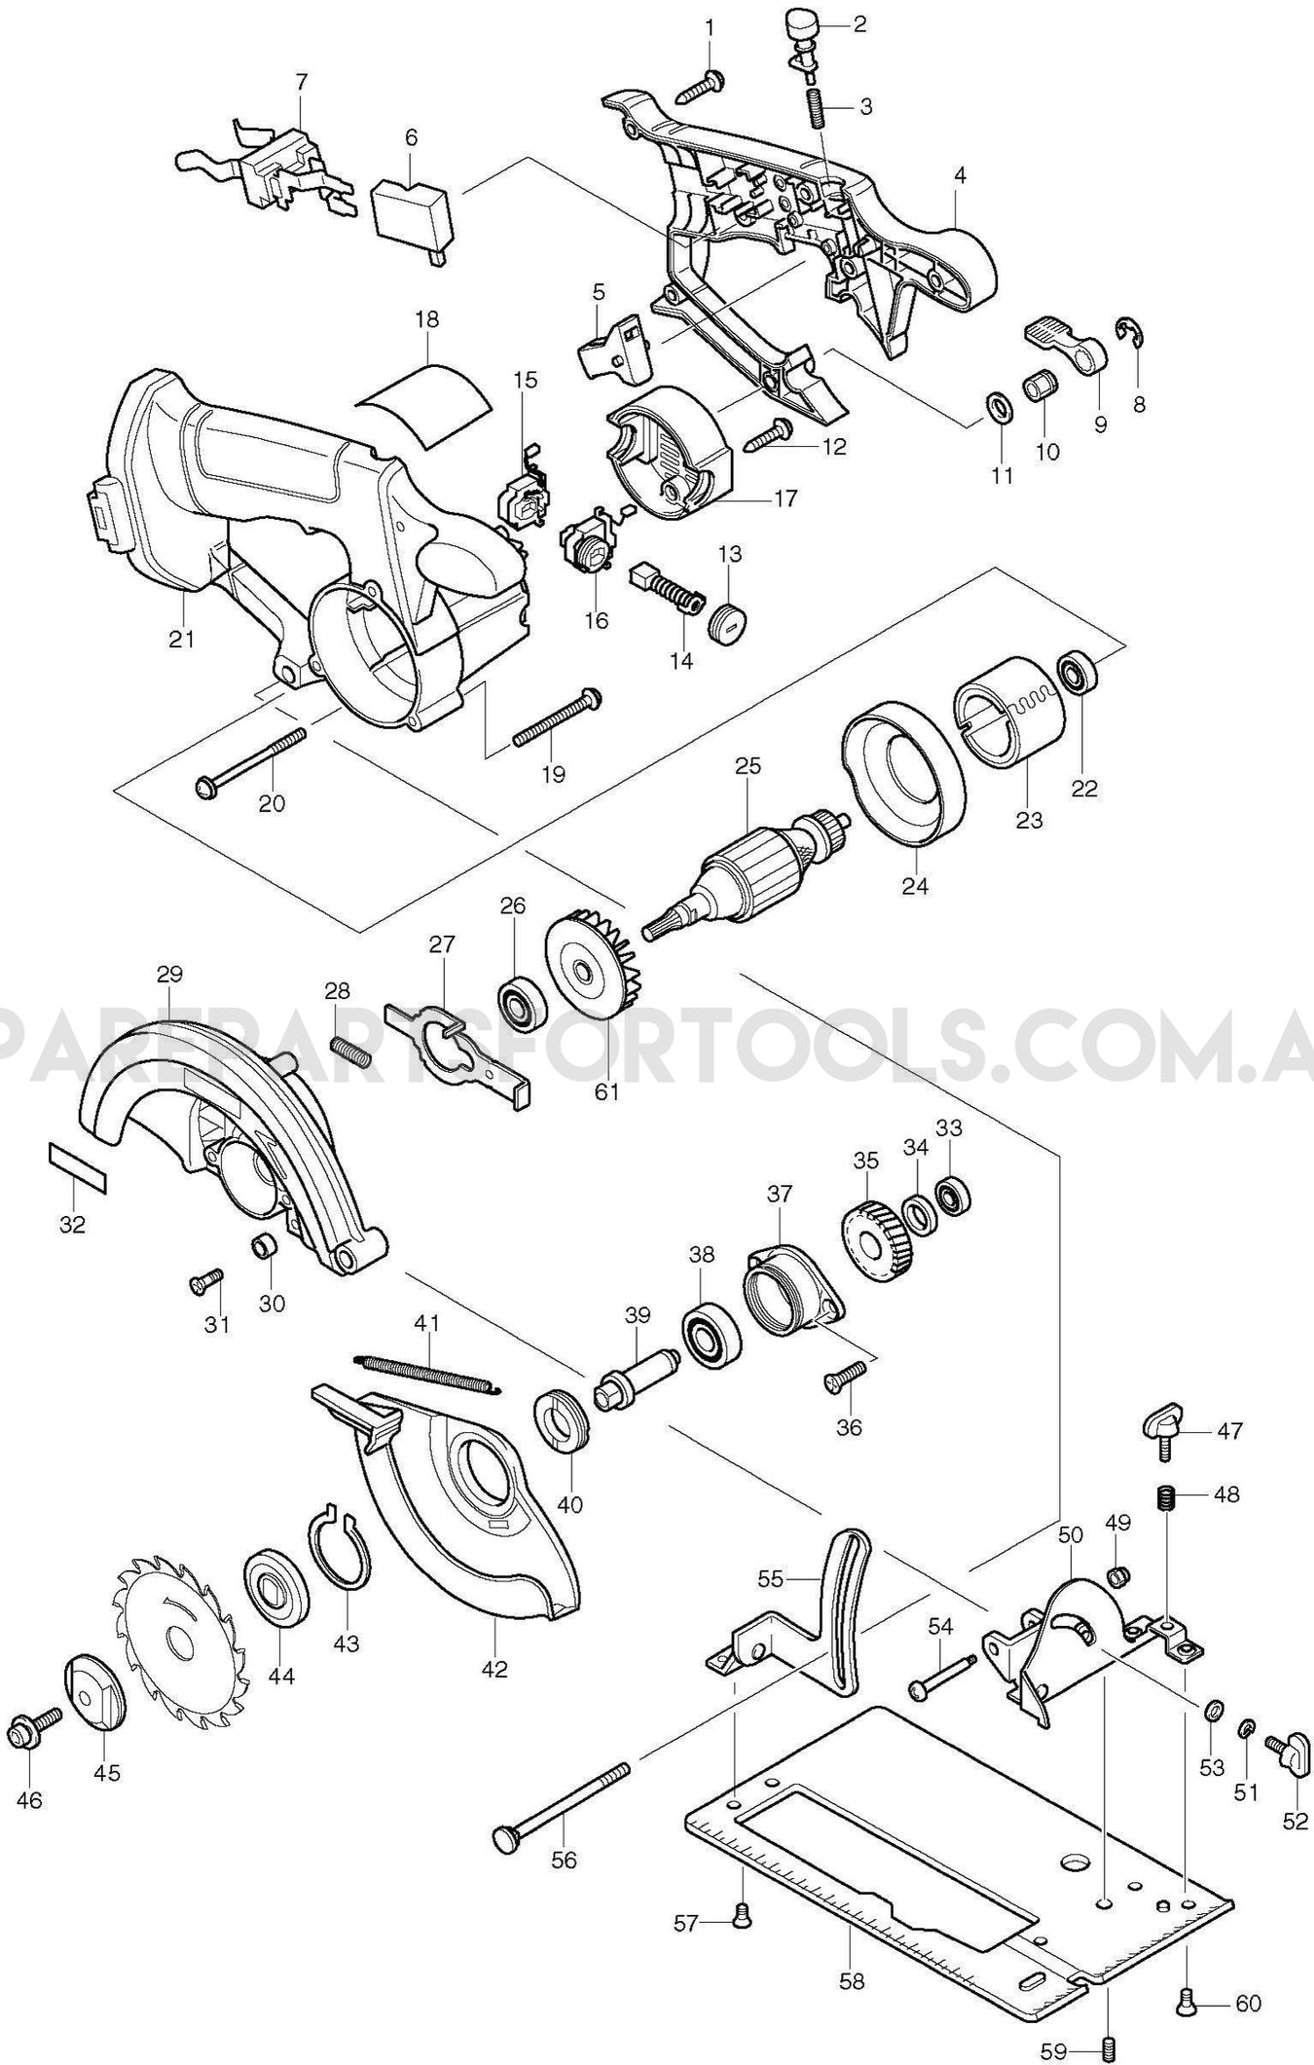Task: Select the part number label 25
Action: point(748,766)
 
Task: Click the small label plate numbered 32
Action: point(77,1167)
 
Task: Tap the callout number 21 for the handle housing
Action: point(181,640)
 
